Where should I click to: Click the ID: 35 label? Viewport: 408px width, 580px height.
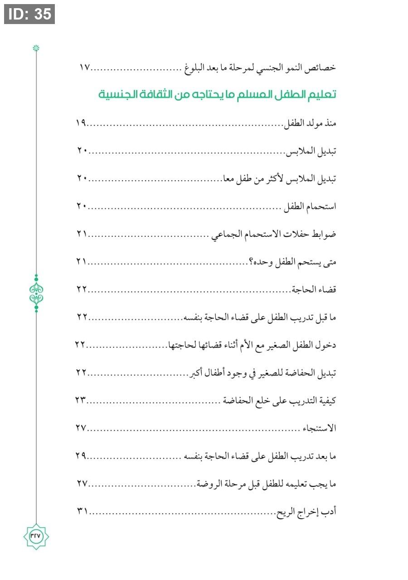(29, 14)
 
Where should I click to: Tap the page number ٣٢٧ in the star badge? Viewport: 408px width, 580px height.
(36, 536)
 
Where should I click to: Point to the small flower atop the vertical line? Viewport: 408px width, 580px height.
(36, 48)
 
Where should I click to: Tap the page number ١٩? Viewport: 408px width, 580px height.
(82, 123)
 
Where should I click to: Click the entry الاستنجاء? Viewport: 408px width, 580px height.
(321, 429)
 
